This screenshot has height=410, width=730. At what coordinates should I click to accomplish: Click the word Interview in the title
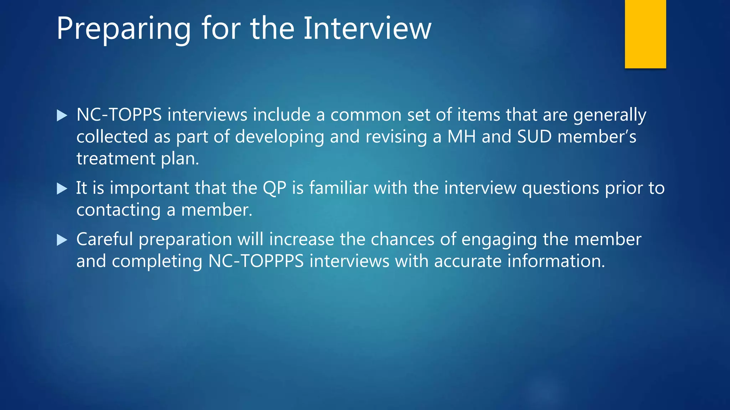(x=367, y=28)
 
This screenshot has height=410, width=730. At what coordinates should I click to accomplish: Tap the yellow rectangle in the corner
(x=645, y=34)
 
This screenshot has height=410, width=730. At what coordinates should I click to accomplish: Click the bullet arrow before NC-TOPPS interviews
(x=62, y=116)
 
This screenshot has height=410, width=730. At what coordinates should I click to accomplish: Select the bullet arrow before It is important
(x=62, y=189)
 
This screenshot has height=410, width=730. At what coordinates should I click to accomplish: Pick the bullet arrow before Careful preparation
(x=62, y=240)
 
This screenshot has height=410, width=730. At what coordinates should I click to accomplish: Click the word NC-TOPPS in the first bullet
(x=119, y=115)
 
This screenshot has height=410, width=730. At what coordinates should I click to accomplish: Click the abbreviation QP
(x=274, y=188)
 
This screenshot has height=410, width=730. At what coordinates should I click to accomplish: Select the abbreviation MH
(x=461, y=137)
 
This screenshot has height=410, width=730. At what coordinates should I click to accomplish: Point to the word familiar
(x=338, y=188)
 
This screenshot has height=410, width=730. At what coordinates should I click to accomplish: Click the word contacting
(x=118, y=210)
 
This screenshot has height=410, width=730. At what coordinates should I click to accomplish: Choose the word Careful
(x=104, y=239)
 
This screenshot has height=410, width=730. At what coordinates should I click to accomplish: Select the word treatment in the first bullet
(x=116, y=159)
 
